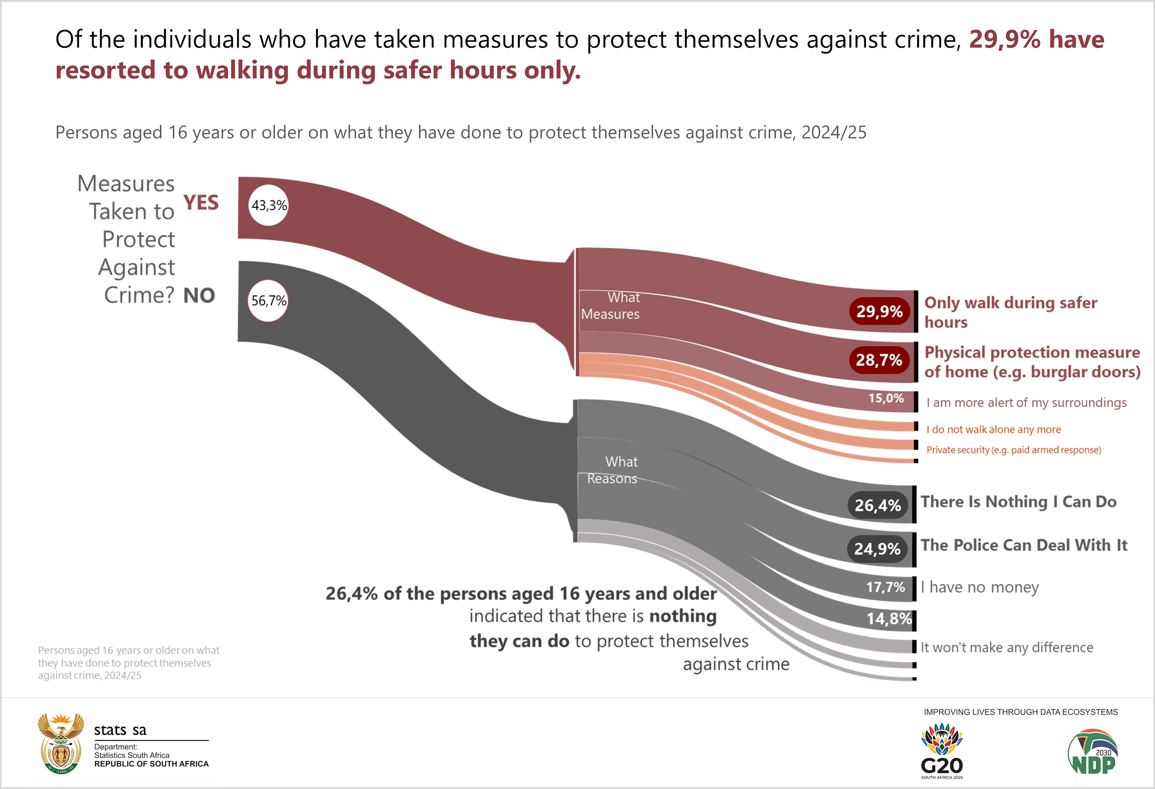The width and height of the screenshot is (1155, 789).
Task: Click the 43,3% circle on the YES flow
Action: point(268,205)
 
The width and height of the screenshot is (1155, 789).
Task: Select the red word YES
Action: point(201,203)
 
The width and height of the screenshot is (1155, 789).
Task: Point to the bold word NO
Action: point(199,296)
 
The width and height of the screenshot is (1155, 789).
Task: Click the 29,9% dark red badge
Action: point(879,311)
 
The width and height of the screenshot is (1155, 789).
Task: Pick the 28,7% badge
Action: point(879,359)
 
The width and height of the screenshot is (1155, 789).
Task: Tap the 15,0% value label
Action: point(886,398)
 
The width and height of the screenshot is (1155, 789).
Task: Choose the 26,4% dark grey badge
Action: point(878,505)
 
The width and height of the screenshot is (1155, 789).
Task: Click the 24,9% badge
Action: point(877,549)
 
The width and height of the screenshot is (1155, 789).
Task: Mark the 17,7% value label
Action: point(885,587)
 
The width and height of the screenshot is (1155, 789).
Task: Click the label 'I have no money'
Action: point(979,587)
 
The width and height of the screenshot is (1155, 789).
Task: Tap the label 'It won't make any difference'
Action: point(1007,647)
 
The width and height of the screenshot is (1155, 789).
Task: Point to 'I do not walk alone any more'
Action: point(993,430)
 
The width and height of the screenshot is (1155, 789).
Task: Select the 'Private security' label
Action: point(1014,450)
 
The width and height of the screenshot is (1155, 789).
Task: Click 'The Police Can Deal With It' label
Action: point(1024,546)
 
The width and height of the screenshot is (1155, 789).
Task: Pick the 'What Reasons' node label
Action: point(613,470)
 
